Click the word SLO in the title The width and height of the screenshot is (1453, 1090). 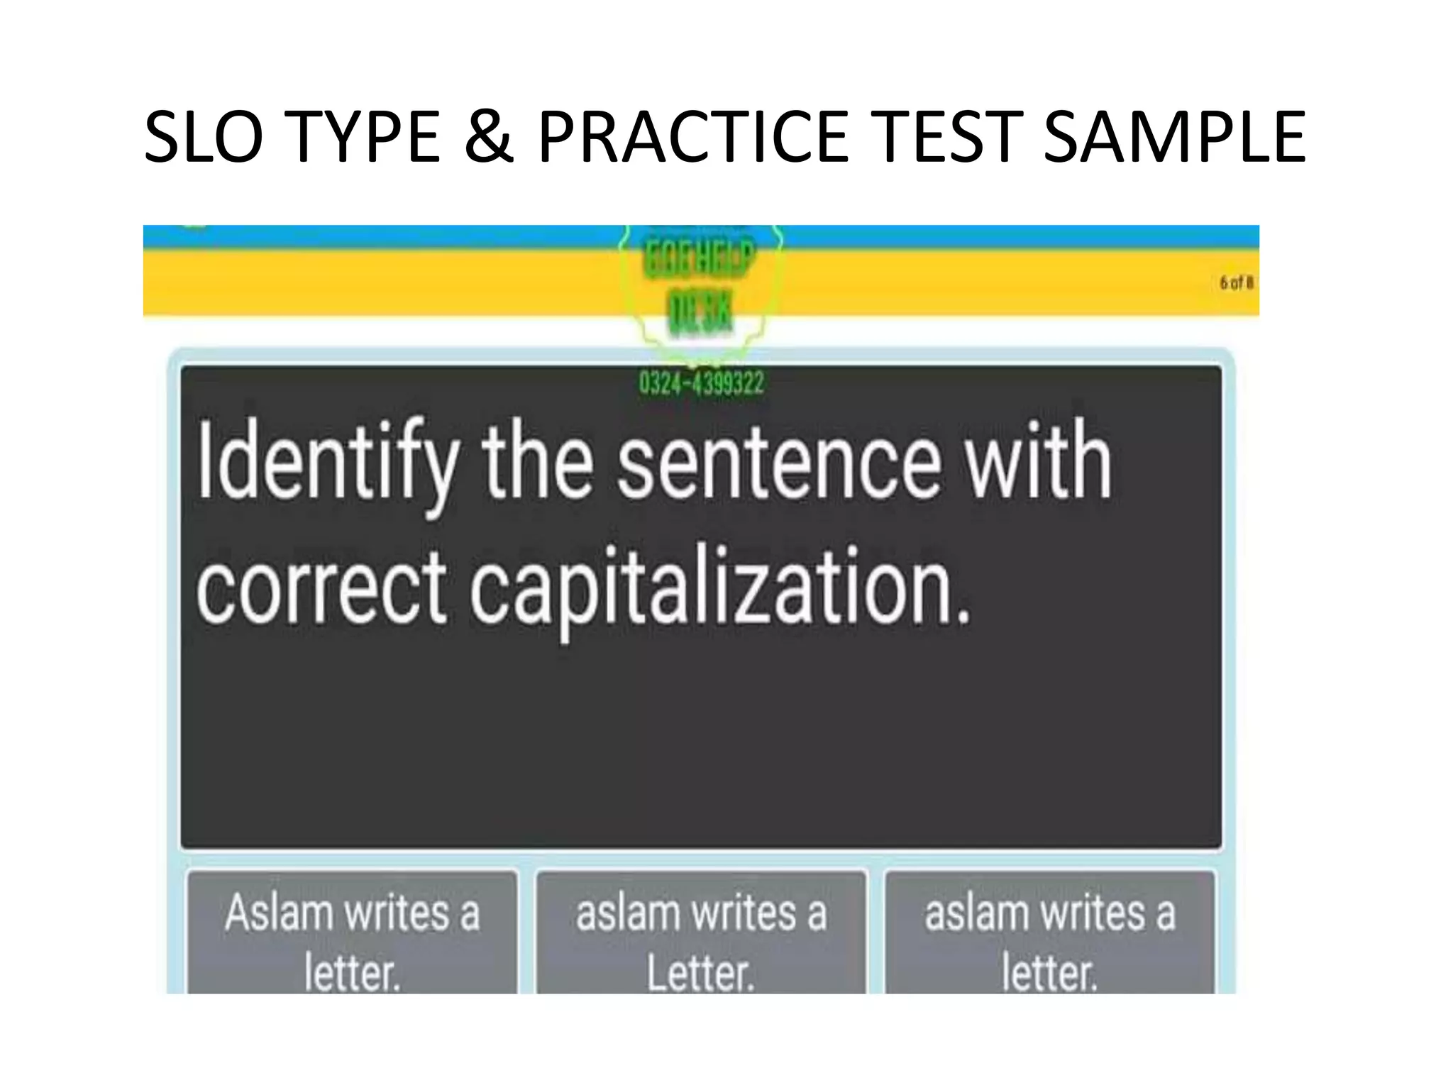tap(204, 136)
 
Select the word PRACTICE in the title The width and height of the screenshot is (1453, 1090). tap(692, 136)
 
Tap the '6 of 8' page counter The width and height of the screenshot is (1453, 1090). tap(1237, 283)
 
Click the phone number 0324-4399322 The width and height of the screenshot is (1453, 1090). tap(701, 384)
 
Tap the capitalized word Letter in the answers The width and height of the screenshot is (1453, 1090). tap(699, 973)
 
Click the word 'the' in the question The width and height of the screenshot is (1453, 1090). tap(538, 461)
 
